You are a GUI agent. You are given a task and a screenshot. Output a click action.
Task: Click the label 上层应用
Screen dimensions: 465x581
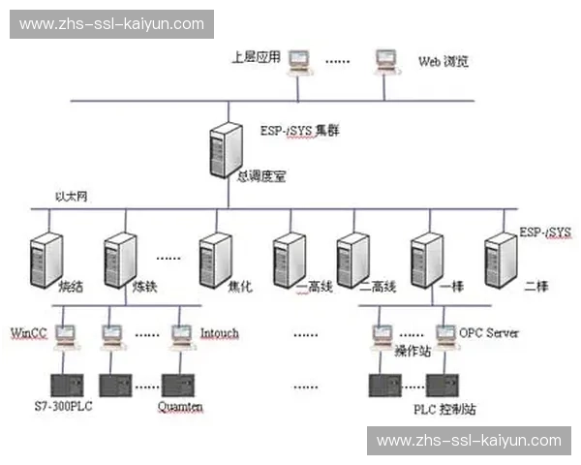[256, 56]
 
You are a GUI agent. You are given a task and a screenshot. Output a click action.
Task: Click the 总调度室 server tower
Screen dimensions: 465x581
[225, 149]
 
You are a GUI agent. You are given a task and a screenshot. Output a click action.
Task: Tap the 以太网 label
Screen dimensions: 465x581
[74, 198]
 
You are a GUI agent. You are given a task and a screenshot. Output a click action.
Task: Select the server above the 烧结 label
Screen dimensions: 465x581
[46, 257]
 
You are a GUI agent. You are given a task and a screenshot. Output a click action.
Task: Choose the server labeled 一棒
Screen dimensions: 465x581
[426, 257]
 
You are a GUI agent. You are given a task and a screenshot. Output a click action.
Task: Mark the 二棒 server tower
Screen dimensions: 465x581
[500, 257]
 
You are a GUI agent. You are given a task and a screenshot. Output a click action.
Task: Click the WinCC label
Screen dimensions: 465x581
[29, 333]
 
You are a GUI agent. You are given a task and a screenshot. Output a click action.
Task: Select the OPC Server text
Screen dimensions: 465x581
[489, 332]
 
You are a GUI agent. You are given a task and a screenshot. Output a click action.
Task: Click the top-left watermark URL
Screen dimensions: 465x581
[111, 24]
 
